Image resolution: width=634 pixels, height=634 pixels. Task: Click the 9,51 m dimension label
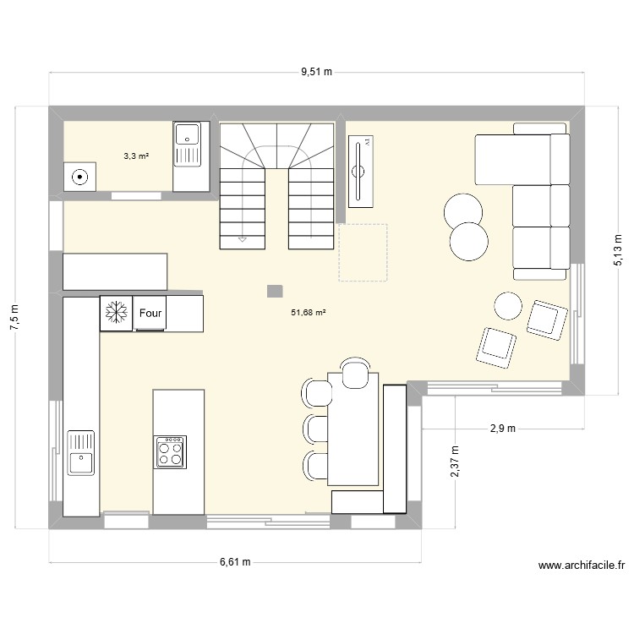pos(316,74)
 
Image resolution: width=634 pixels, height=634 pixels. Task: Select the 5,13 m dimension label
pos(618,249)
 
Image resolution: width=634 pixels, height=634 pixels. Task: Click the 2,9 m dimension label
pos(502,429)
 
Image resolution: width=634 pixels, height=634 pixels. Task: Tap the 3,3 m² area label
pos(136,156)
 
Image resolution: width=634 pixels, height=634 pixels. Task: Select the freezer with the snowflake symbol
pos(115,313)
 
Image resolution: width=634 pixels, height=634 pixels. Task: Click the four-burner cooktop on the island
pos(170,451)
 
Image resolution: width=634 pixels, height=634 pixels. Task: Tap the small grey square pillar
pos(274,291)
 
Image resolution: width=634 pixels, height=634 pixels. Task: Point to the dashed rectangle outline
pos(363,252)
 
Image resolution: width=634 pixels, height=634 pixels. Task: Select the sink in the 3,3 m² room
pos(186,145)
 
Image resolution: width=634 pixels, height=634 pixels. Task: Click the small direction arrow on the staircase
pos(243,240)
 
